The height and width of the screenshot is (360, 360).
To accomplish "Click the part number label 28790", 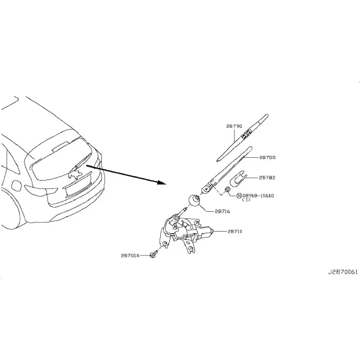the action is (234, 126).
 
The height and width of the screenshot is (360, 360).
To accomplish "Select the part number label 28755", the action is (267, 157).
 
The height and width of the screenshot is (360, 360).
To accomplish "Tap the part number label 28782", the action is (267, 178).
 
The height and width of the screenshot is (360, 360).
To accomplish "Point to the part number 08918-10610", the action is (258, 196).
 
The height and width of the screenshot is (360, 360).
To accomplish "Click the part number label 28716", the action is (222, 211).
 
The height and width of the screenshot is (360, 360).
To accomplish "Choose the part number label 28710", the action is (235, 232).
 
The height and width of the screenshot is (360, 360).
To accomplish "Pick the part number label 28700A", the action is (130, 256).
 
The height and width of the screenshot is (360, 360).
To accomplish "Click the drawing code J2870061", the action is (343, 272).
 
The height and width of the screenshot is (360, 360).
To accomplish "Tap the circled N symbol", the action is (239, 196).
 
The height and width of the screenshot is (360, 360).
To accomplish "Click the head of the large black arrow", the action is (161, 182).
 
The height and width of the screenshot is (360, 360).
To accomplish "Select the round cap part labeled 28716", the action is (194, 200).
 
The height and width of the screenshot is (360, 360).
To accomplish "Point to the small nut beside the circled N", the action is (227, 189).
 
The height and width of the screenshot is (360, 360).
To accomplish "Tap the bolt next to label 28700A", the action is (153, 254).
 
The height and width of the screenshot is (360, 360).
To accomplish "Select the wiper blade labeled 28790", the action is (242, 138).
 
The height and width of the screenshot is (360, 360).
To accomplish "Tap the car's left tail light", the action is (41, 190).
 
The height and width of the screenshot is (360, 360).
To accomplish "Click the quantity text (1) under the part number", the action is (247, 200).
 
